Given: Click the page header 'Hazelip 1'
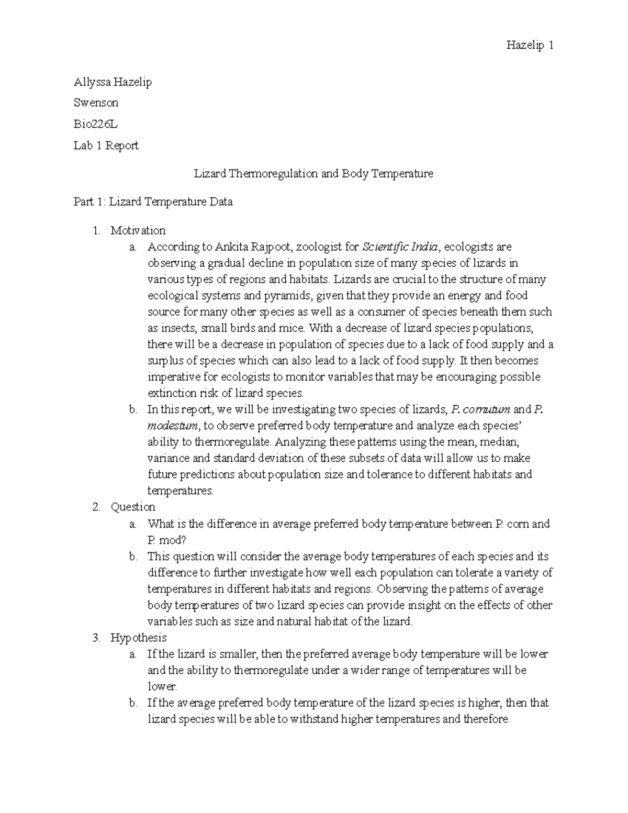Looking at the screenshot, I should [x=530, y=46].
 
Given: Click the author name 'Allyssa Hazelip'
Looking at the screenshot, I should [x=113, y=82].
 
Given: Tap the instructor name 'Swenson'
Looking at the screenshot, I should [x=96, y=102].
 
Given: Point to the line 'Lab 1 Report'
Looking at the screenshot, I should [x=106, y=146].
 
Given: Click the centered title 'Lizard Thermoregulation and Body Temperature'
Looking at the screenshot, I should [x=313, y=173].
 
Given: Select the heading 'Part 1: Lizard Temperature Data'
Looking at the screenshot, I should [x=153, y=202].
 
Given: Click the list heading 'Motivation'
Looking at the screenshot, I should [x=138, y=230].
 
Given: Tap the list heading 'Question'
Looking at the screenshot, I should [x=133, y=507].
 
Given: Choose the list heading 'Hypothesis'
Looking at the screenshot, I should [x=138, y=638].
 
